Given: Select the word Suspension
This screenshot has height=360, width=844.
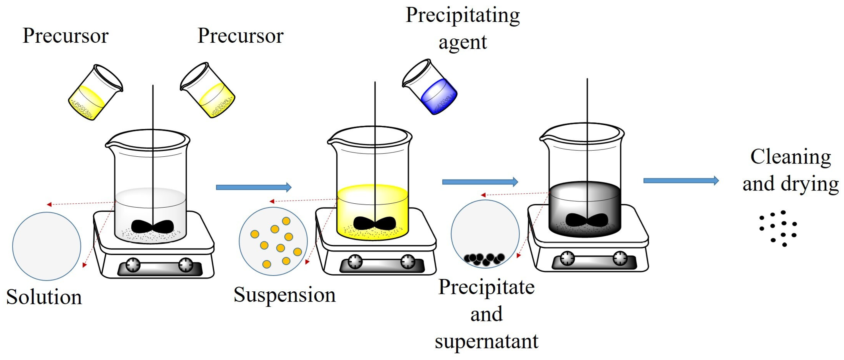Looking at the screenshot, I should pos(284,295).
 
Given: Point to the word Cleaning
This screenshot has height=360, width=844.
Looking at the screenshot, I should pos(790,157).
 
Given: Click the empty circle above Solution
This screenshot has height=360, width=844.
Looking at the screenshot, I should pos(46,246).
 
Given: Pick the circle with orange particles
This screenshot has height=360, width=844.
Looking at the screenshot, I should pos(273,241).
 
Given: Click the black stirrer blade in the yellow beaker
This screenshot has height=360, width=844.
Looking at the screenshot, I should pos(374,223).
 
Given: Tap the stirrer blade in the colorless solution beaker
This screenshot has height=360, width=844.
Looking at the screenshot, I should pos(153,226).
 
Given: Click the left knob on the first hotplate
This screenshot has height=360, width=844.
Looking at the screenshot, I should pos(133,265).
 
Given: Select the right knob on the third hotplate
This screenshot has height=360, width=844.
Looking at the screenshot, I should pos(620,258).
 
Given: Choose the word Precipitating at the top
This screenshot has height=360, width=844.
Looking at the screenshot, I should pos(463,15).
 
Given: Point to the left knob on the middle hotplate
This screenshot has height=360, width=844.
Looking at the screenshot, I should pos(355,262).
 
